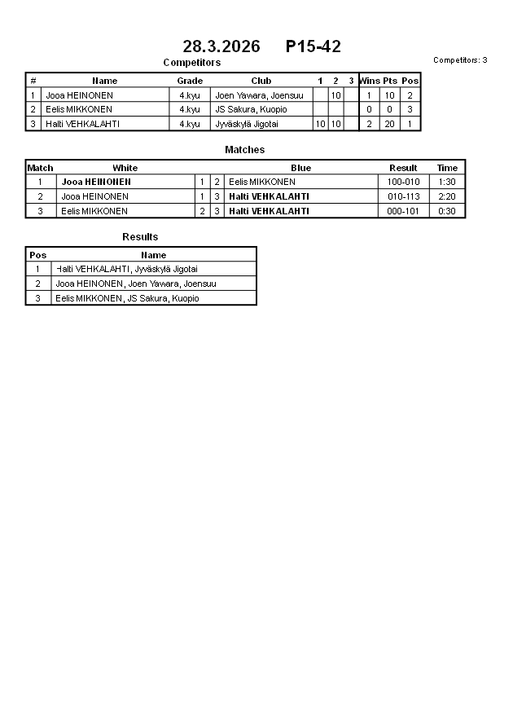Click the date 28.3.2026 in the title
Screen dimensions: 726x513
(x=221, y=47)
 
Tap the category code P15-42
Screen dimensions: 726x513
(x=313, y=47)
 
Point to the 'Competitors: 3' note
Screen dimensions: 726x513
(x=460, y=60)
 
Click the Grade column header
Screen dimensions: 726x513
(x=190, y=81)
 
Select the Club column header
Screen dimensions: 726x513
(x=261, y=81)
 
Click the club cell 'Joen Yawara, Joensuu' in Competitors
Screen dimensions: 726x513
(x=259, y=95)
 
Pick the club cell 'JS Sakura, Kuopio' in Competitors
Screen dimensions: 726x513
(x=251, y=109)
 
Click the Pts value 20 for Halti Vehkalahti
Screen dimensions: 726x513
(x=390, y=124)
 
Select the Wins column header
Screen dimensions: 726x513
(x=370, y=81)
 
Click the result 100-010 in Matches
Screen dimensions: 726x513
(x=403, y=182)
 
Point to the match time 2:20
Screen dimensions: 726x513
(x=447, y=196)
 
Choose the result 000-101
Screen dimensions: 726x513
(x=403, y=211)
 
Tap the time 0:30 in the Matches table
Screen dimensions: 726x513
(x=447, y=211)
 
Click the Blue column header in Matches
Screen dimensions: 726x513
(x=300, y=168)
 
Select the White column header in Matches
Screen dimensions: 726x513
(x=125, y=168)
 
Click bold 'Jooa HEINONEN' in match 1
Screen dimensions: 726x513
(x=96, y=182)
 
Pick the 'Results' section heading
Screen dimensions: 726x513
(x=140, y=237)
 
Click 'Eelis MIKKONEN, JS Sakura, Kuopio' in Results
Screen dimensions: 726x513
(x=127, y=298)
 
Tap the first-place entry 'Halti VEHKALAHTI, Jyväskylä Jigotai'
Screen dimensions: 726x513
(x=127, y=269)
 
